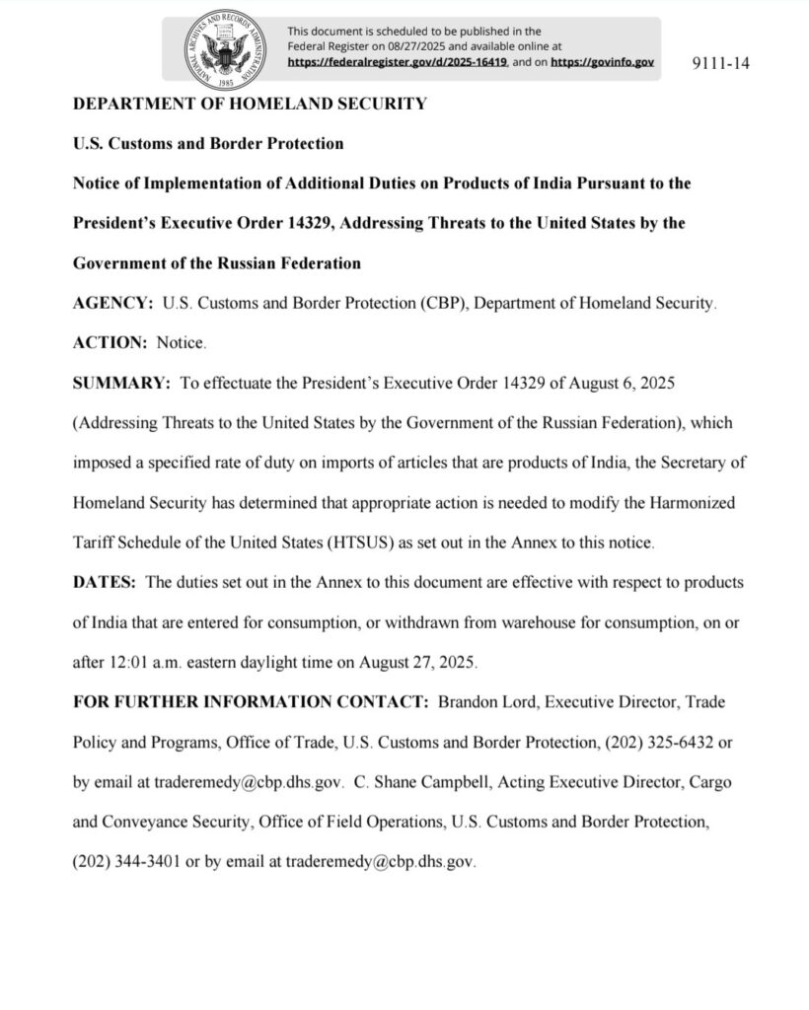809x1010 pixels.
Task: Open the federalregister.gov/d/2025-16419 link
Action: pyautogui.click(x=398, y=61)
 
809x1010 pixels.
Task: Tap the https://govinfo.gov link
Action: pyautogui.click(x=602, y=61)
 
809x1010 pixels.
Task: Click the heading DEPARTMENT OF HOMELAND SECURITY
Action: pyautogui.click(x=251, y=105)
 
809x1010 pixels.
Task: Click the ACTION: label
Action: pyautogui.click(x=110, y=343)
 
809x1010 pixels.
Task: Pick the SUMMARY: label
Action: pyautogui.click(x=123, y=383)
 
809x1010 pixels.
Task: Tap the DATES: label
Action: pyautogui.click(x=106, y=581)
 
